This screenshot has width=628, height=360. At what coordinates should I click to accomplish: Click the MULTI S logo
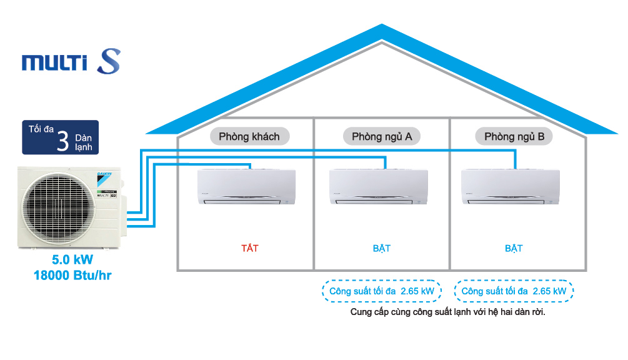pos(71,62)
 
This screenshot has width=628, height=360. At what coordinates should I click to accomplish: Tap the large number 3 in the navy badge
pos(62,140)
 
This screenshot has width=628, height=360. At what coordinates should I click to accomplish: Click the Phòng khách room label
pos(249,136)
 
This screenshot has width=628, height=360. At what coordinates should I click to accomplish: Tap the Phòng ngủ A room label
pos(381,136)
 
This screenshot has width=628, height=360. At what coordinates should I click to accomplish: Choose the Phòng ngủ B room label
pos(514,136)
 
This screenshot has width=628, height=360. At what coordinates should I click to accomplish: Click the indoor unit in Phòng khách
pos(246,187)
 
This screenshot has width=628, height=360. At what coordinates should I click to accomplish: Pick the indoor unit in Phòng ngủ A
pos(378,187)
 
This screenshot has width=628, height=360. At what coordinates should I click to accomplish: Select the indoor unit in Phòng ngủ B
pos(511,187)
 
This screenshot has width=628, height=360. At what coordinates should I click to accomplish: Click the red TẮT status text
pos(249,248)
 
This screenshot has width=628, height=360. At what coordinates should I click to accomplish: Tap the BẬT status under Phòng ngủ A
pos(381,248)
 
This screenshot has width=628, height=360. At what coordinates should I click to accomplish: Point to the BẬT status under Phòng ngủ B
pos(514,248)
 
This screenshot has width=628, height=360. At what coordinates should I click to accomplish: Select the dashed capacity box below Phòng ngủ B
pos(514,291)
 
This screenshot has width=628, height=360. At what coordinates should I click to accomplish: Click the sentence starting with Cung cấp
pos(448,312)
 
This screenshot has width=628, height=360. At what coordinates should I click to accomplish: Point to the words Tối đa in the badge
pos(40,129)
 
